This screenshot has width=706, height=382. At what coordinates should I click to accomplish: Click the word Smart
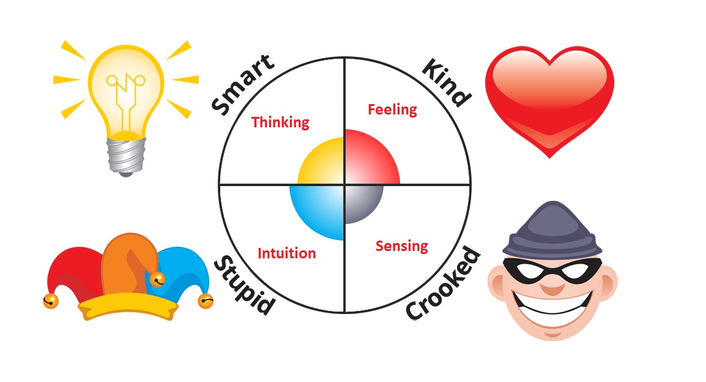tap(243, 84)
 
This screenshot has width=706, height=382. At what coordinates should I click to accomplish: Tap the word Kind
tap(447, 83)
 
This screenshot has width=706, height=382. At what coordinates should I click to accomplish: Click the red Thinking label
tap(280, 122)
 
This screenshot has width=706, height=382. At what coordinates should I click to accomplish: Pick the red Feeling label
tap(392, 110)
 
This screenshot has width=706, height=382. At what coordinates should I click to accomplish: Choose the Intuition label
tap(286, 253)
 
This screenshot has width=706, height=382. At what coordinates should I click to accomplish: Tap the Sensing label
tap(401, 246)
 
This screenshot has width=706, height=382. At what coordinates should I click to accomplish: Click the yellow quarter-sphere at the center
tap(323, 163)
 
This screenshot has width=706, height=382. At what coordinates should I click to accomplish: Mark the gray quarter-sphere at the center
tap(362, 203)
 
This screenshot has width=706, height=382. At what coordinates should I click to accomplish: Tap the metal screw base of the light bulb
tap(126, 155)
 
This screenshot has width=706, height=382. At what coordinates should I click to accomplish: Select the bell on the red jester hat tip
tap(50, 301)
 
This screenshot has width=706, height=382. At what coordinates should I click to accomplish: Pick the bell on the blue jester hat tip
tap(206, 301)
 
